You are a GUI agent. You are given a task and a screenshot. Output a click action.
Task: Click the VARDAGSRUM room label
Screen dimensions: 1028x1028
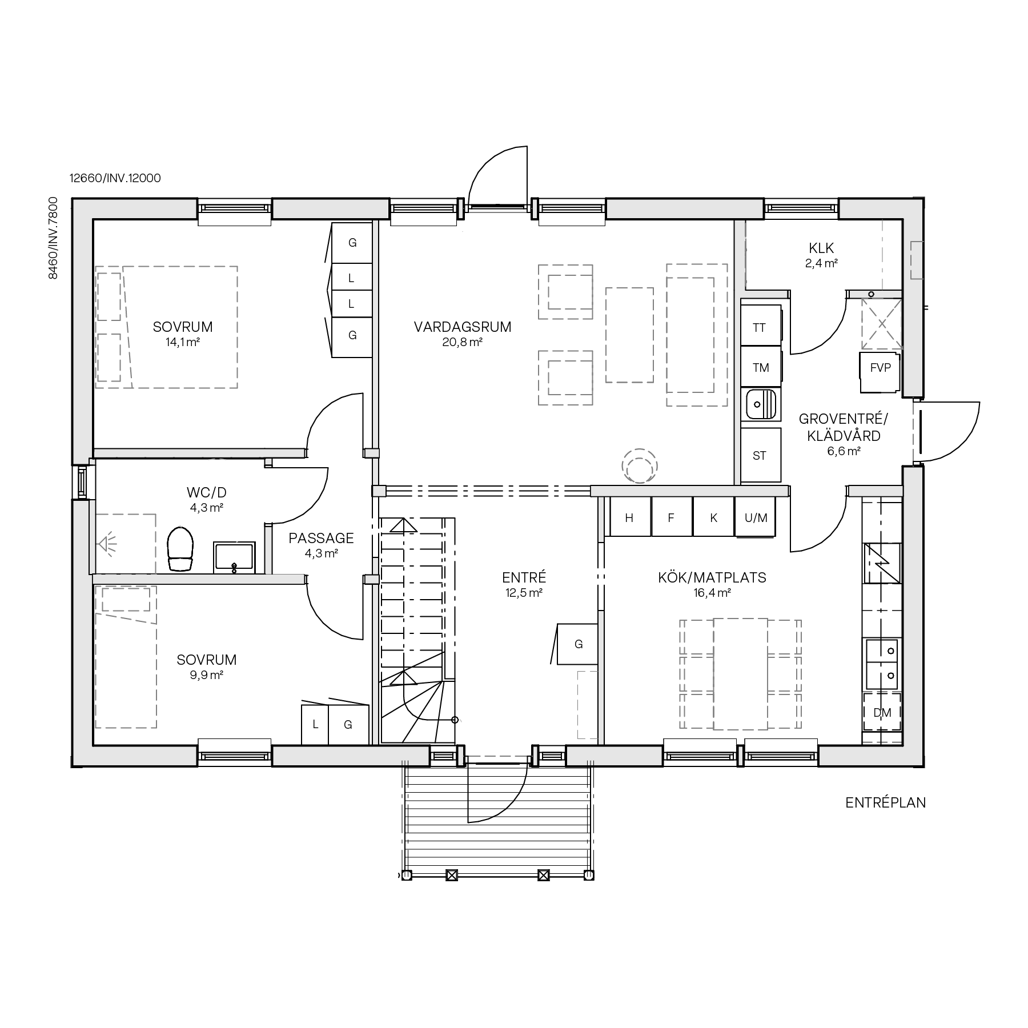[x=463, y=327]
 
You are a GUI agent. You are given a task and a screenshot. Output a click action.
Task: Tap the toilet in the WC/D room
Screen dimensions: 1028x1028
[x=180, y=548]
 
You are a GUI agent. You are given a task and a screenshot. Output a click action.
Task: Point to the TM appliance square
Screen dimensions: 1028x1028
[x=760, y=367]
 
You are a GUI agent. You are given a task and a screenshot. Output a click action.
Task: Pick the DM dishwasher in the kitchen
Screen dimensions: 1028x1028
[x=882, y=712]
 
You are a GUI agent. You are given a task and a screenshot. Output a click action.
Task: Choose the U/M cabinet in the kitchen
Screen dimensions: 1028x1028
[x=755, y=517]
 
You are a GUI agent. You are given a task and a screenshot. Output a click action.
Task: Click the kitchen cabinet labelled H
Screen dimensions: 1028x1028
[x=629, y=517]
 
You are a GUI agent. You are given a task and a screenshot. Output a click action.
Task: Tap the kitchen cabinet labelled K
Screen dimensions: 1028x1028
[x=713, y=517]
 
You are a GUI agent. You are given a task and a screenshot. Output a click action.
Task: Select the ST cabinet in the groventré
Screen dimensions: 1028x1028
[x=760, y=456]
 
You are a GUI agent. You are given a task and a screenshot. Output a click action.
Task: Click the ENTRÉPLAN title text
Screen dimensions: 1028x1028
[x=885, y=802]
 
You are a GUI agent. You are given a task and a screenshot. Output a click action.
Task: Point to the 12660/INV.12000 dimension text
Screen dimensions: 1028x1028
[x=115, y=178]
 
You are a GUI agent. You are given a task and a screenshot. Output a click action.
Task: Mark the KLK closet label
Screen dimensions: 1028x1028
[x=821, y=248]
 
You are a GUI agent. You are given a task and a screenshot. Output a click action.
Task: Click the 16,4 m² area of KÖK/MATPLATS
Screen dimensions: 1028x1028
[x=712, y=593]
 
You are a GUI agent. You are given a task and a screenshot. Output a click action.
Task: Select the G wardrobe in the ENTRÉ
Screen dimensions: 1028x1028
[x=578, y=644]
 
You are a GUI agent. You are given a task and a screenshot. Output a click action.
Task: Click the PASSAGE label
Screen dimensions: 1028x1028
[x=321, y=538]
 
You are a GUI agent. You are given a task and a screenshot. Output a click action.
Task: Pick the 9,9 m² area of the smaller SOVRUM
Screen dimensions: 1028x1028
[x=206, y=674]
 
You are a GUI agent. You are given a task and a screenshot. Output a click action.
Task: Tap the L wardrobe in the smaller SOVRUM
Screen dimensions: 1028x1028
[x=315, y=725]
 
